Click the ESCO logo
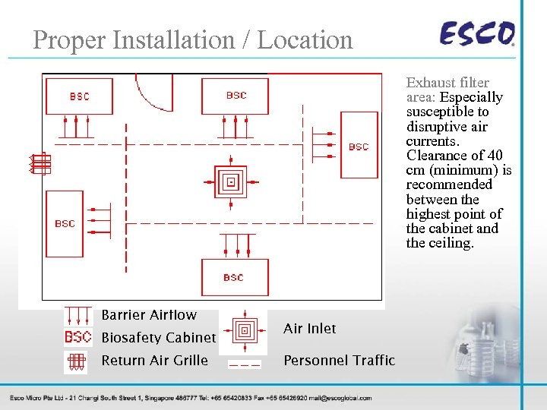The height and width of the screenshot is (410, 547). click(x=477, y=34)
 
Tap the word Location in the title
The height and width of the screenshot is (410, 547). click(x=305, y=39)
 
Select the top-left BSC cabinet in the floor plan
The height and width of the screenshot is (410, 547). click(x=79, y=96)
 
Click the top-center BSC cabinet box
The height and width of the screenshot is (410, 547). click(x=236, y=96)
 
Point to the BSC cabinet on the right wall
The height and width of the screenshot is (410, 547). click(x=359, y=146)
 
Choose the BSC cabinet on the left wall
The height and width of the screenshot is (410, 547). click(x=65, y=223)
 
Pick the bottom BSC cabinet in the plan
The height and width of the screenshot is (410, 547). click(x=234, y=277)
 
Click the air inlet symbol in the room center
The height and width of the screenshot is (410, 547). click(x=232, y=182)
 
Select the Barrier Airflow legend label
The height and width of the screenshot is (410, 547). click(x=149, y=315)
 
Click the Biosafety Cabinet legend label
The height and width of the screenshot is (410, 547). click(x=159, y=338)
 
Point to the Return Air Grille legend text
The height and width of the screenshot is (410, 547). click(x=154, y=361)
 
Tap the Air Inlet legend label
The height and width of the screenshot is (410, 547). click(x=309, y=328)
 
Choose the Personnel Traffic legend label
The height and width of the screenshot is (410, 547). click(x=339, y=361)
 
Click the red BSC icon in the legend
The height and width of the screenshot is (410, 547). click(x=77, y=337)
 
